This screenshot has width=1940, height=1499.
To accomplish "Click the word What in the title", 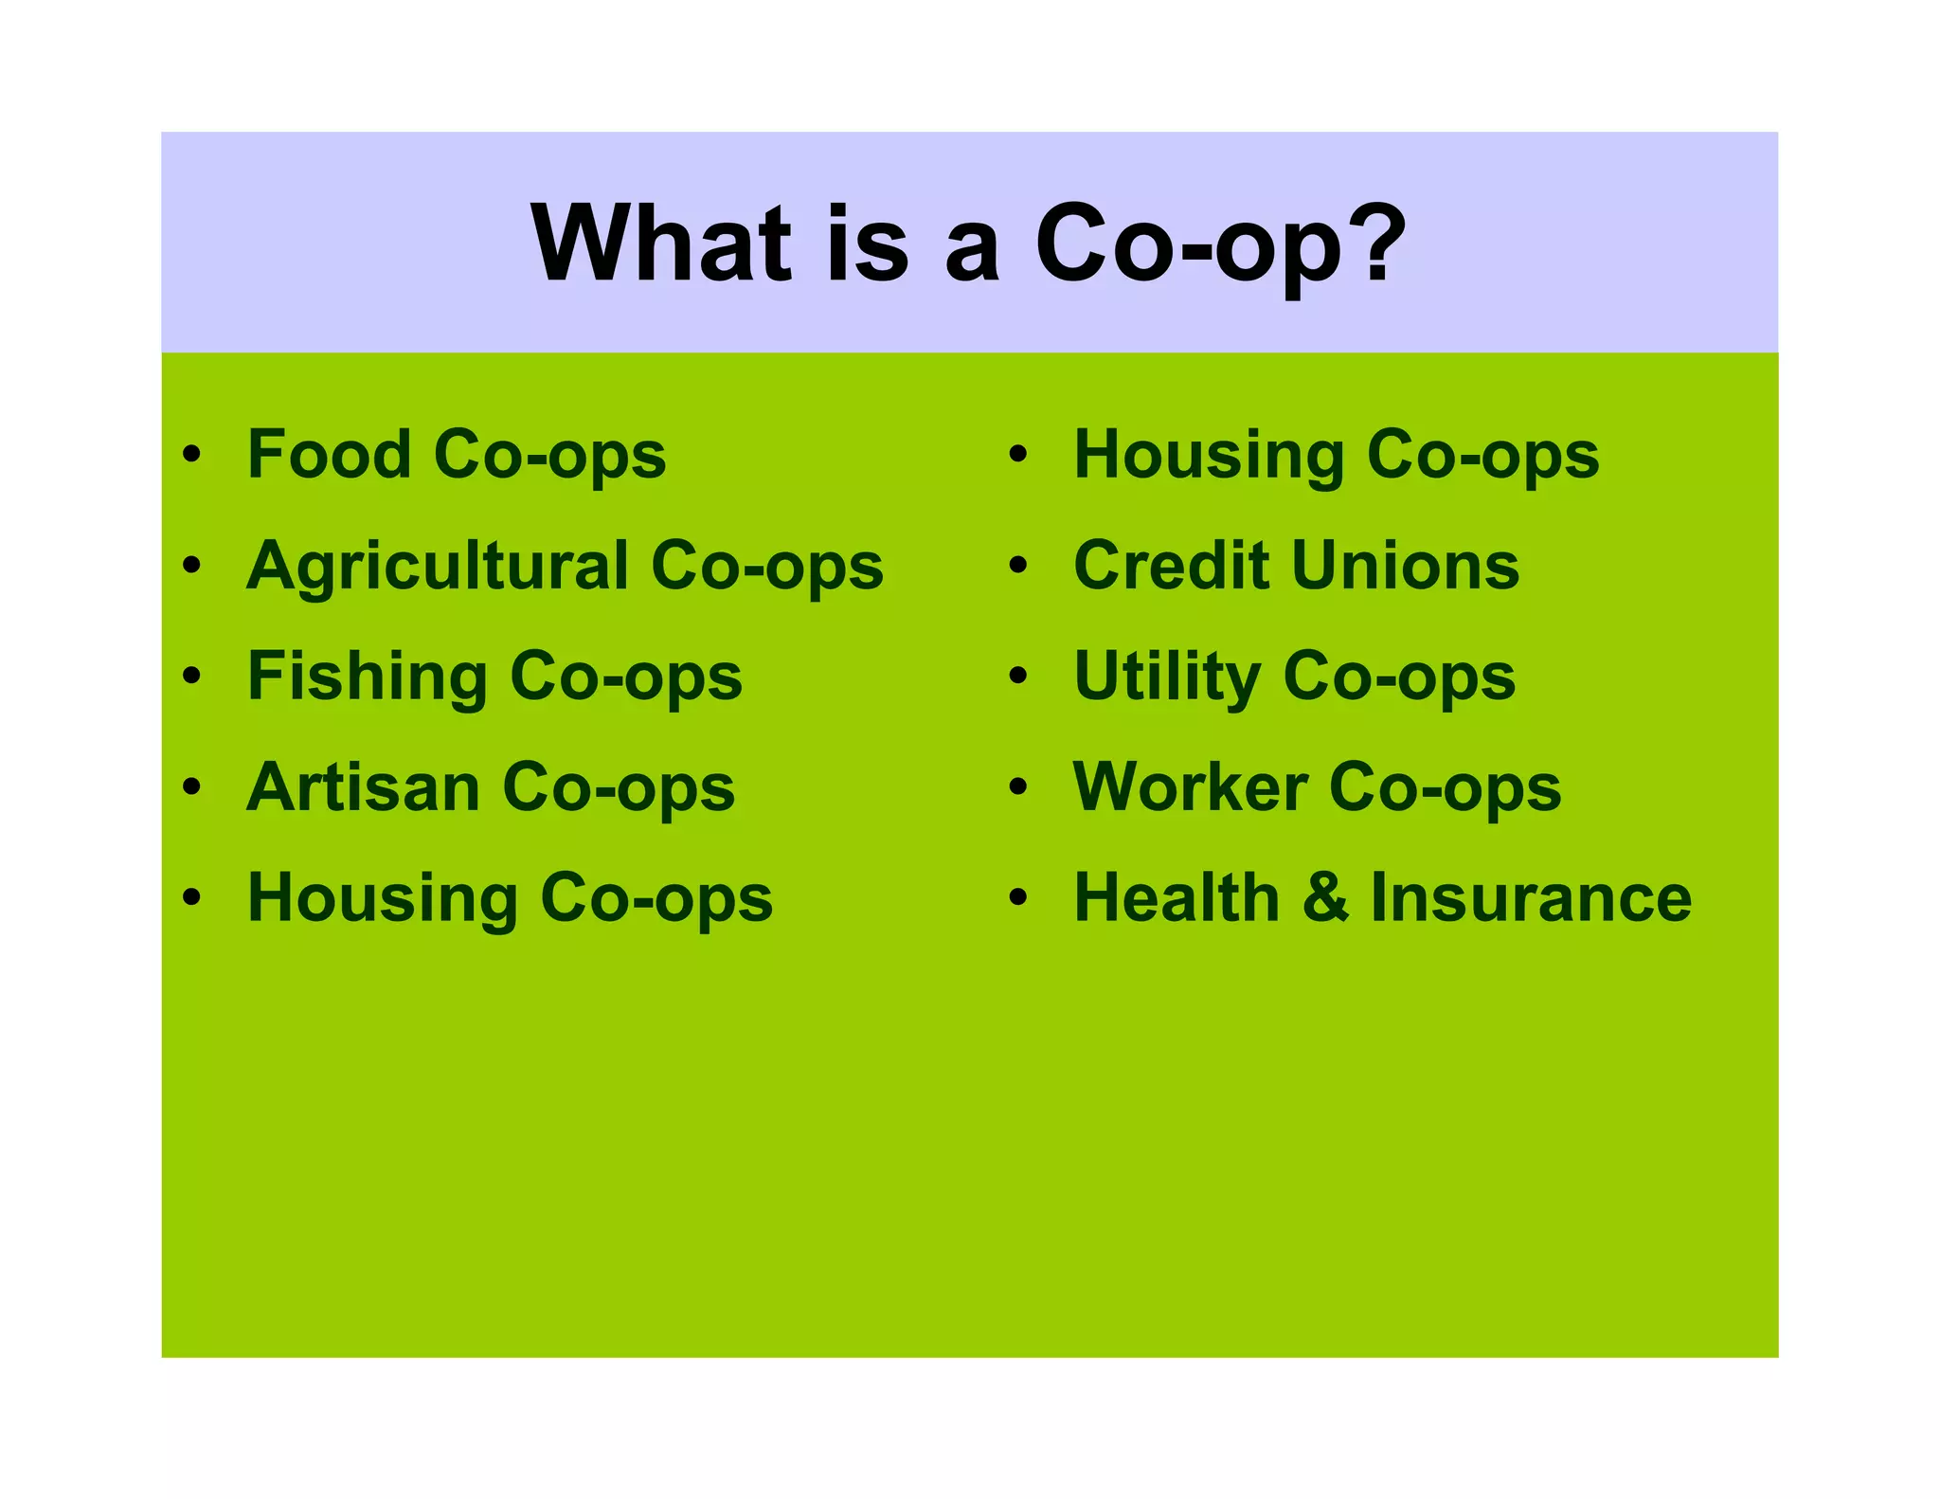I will (x=660, y=244).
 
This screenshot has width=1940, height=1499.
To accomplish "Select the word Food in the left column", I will (x=328, y=454).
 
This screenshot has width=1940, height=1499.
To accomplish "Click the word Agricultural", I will (x=437, y=567).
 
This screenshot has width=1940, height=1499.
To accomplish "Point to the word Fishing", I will (x=367, y=677).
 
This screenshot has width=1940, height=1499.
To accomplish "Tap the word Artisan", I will (x=363, y=787).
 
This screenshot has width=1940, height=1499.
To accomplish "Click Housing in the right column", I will (x=1209, y=456).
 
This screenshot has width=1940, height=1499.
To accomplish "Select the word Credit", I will (x=1171, y=566).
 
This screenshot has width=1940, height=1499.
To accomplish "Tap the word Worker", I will (x=1190, y=787).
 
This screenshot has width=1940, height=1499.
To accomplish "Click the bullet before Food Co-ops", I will (x=192, y=455).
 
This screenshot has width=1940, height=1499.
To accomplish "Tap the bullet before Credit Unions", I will (x=1018, y=566).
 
